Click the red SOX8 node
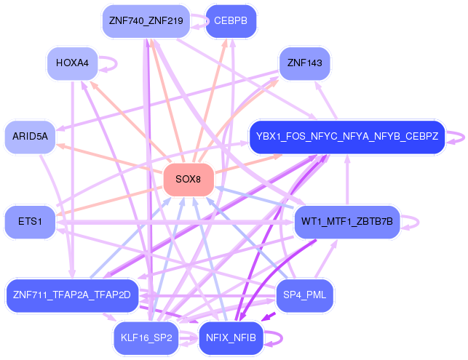pyautogui.click(x=189, y=180)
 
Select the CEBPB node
pyautogui.click(x=231, y=20)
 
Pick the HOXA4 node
pyautogui.click(x=72, y=63)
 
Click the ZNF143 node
pyautogui.click(x=304, y=63)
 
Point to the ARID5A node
pyautogui.click(x=30, y=136)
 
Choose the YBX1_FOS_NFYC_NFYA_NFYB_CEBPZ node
pyautogui.click(x=346, y=136)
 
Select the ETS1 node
pyautogui.click(x=30, y=221)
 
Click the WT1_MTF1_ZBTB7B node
pyautogui.click(x=346, y=221)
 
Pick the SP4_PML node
pyautogui.click(x=305, y=295)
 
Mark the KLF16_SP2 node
pyautogui.click(x=146, y=338)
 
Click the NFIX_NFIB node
pyautogui.click(x=231, y=338)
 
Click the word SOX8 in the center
pyautogui.click(x=189, y=180)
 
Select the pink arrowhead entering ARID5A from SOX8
pyautogui.click(x=60, y=145)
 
